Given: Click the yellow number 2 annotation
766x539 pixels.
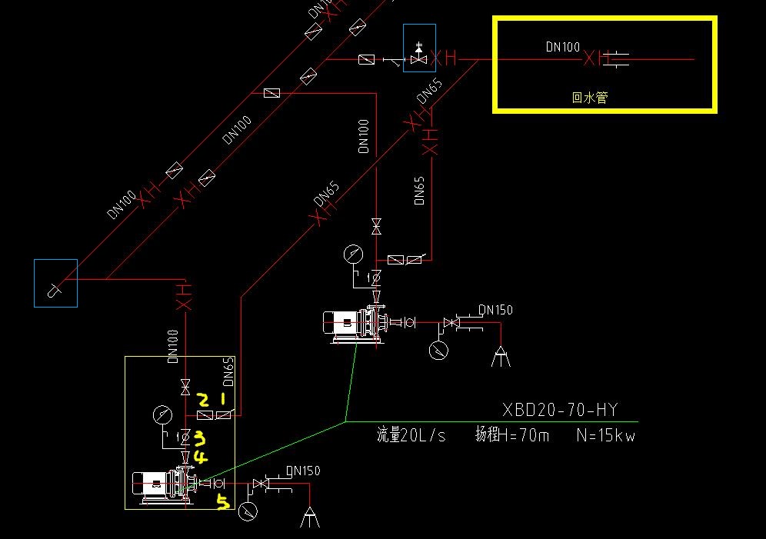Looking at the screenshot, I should pyautogui.click(x=203, y=400).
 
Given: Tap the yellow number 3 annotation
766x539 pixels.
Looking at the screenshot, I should pyautogui.click(x=199, y=438).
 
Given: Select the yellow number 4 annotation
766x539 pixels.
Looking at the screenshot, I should pyautogui.click(x=200, y=457).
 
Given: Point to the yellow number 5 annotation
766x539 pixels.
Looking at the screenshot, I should pyautogui.click(x=223, y=503).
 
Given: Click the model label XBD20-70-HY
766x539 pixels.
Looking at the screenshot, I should pyautogui.click(x=559, y=410).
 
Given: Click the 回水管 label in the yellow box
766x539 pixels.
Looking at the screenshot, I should pyautogui.click(x=590, y=98).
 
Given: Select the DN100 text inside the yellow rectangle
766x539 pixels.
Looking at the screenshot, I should pyautogui.click(x=563, y=47).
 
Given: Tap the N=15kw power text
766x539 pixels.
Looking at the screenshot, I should pyautogui.click(x=605, y=436).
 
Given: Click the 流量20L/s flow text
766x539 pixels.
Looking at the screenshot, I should pyautogui.click(x=411, y=436).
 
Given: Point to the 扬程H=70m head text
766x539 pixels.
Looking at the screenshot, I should pyautogui.click(x=512, y=436).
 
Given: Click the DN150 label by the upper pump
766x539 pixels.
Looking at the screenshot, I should pyautogui.click(x=495, y=310).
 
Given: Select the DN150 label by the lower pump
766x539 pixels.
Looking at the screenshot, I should pyautogui.click(x=303, y=471).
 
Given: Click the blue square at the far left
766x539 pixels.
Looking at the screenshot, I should pyautogui.click(x=55, y=283).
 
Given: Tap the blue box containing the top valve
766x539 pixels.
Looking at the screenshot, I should pyautogui.click(x=419, y=48).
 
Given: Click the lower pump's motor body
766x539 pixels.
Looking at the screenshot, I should pyautogui.click(x=152, y=483).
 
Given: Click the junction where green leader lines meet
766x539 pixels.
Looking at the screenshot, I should pyautogui.click(x=345, y=421).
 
